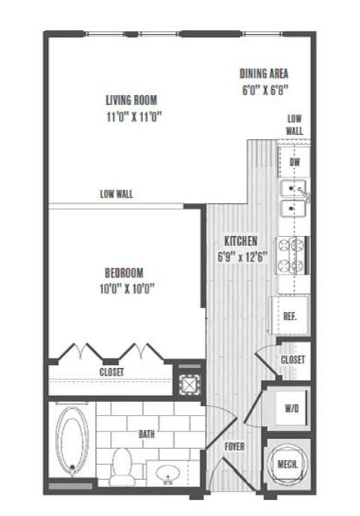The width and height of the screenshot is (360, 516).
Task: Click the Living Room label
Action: click(136, 108)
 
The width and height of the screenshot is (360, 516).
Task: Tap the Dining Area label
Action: click(264, 80)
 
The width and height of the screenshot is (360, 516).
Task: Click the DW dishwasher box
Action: click(294, 163)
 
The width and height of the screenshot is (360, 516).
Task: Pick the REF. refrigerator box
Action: click(288, 315)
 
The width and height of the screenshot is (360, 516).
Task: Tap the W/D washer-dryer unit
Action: click(291, 408)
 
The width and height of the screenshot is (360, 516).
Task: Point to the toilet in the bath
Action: click(121, 467)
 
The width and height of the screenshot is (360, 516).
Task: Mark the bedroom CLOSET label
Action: click(111, 372)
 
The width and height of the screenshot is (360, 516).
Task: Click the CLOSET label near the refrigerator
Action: click(292, 361)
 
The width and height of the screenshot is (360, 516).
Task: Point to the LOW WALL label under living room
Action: click(116, 194)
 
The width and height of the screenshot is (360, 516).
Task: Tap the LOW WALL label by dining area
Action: click(294, 124)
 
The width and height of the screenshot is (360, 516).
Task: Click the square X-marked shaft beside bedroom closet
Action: click(188, 382)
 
